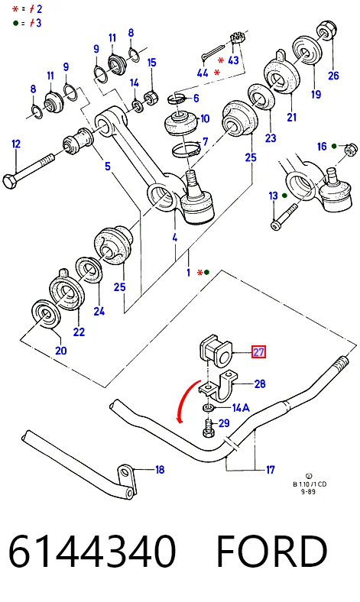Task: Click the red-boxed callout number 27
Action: point(258,351)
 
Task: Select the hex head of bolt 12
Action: point(9,180)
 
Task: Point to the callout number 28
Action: point(260,384)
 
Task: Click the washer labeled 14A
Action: point(208,407)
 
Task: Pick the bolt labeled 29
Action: point(208,428)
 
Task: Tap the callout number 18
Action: point(160,469)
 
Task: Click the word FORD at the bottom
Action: point(271,552)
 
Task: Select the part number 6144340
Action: point(92,552)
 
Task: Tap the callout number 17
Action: point(271,470)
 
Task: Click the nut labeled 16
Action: point(351,148)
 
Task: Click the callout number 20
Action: point(60,350)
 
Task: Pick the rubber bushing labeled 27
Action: point(216,350)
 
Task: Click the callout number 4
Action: point(175,238)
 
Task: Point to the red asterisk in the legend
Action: point(15,9)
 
